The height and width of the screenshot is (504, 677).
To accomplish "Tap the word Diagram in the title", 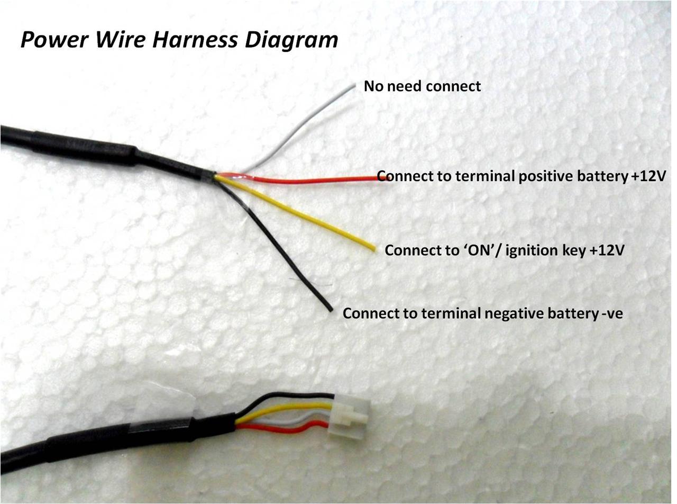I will pos(296,40).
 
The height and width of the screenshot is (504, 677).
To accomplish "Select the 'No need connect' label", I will pos(422,86).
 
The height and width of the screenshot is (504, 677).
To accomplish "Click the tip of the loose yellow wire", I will pos(373,249).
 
